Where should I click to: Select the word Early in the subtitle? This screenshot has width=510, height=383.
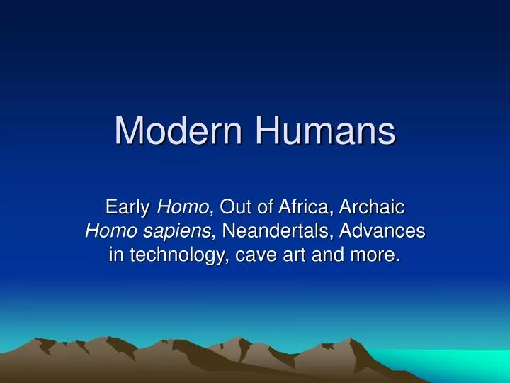pos(128,208)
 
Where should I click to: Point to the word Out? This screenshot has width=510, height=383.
pos(235,208)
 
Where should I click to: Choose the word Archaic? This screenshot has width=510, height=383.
pos(372,208)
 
